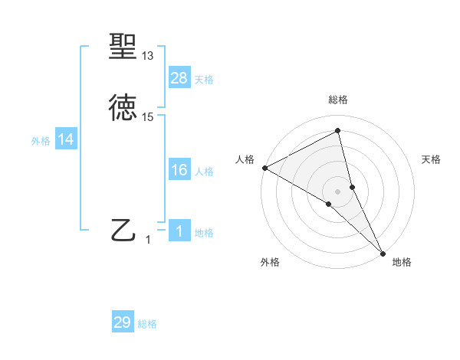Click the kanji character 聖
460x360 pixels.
coord(123,47)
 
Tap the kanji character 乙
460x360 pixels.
coord(123,231)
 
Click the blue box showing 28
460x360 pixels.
coord(179,77)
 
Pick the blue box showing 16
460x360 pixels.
coord(179,170)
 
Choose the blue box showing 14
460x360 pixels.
coord(66,139)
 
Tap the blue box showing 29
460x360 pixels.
coord(123,322)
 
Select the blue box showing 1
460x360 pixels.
coord(179,231)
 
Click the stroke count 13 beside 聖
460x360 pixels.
coord(148,56)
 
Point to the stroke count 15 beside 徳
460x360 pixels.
coord(148,117)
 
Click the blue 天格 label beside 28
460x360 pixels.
coord(204,80)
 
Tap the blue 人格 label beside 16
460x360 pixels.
coord(204,172)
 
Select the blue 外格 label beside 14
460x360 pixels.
coord(41,141)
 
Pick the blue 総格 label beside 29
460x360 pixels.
coord(147,325)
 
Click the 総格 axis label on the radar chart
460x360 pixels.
coord(338,100)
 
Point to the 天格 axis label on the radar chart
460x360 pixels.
coord(432,159)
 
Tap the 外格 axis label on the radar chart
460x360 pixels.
coord(270,262)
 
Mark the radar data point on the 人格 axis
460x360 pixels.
coord(264,168)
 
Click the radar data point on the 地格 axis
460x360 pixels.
coord(383,252)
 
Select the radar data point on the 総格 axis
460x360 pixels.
coord(338,131)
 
